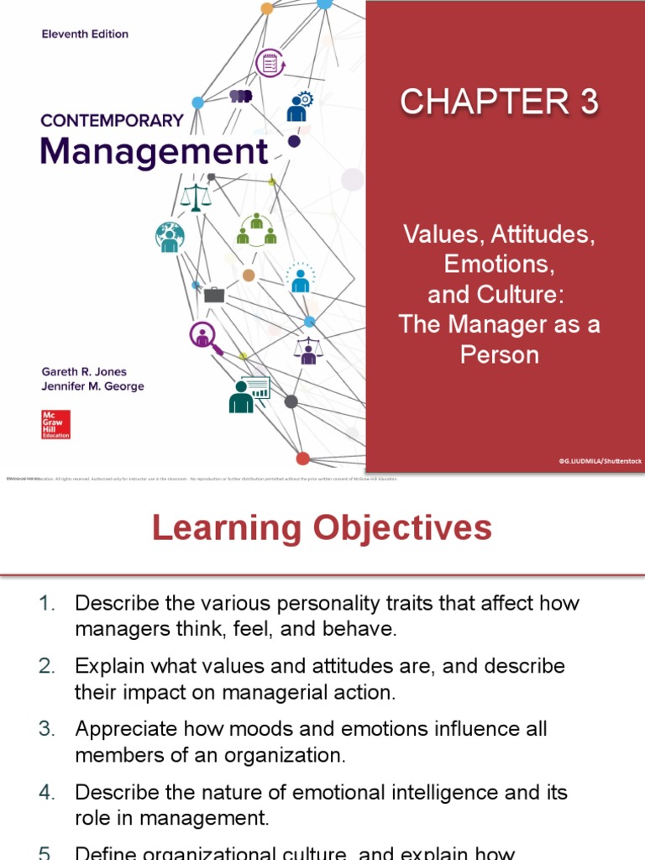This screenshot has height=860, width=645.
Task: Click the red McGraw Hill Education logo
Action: click(x=55, y=424)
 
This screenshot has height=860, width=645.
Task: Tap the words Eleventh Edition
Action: click(x=85, y=34)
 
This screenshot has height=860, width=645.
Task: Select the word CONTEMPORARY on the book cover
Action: click(x=112, y=120)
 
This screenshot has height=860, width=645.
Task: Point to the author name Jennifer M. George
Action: click(x=92, y=386)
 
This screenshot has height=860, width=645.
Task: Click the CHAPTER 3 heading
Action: click(x=499, y=102)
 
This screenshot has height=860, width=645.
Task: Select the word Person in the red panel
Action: click(x=499, y=354)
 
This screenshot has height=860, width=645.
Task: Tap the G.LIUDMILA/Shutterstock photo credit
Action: click(x=599, y=461)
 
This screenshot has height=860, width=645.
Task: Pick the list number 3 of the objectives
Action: click(x=46, y=728)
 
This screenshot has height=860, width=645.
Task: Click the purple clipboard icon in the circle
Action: click(x=270, y=63)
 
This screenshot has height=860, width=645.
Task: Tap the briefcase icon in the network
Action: click(x=214, y=294)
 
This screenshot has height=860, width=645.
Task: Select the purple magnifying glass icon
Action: click(x=204, y=336)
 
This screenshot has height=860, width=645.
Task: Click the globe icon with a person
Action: click(x=170, y=237)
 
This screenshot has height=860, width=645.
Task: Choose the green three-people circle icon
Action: click(x=256, y=229)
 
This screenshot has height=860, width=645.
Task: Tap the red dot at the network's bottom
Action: click(x=302, y=459)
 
